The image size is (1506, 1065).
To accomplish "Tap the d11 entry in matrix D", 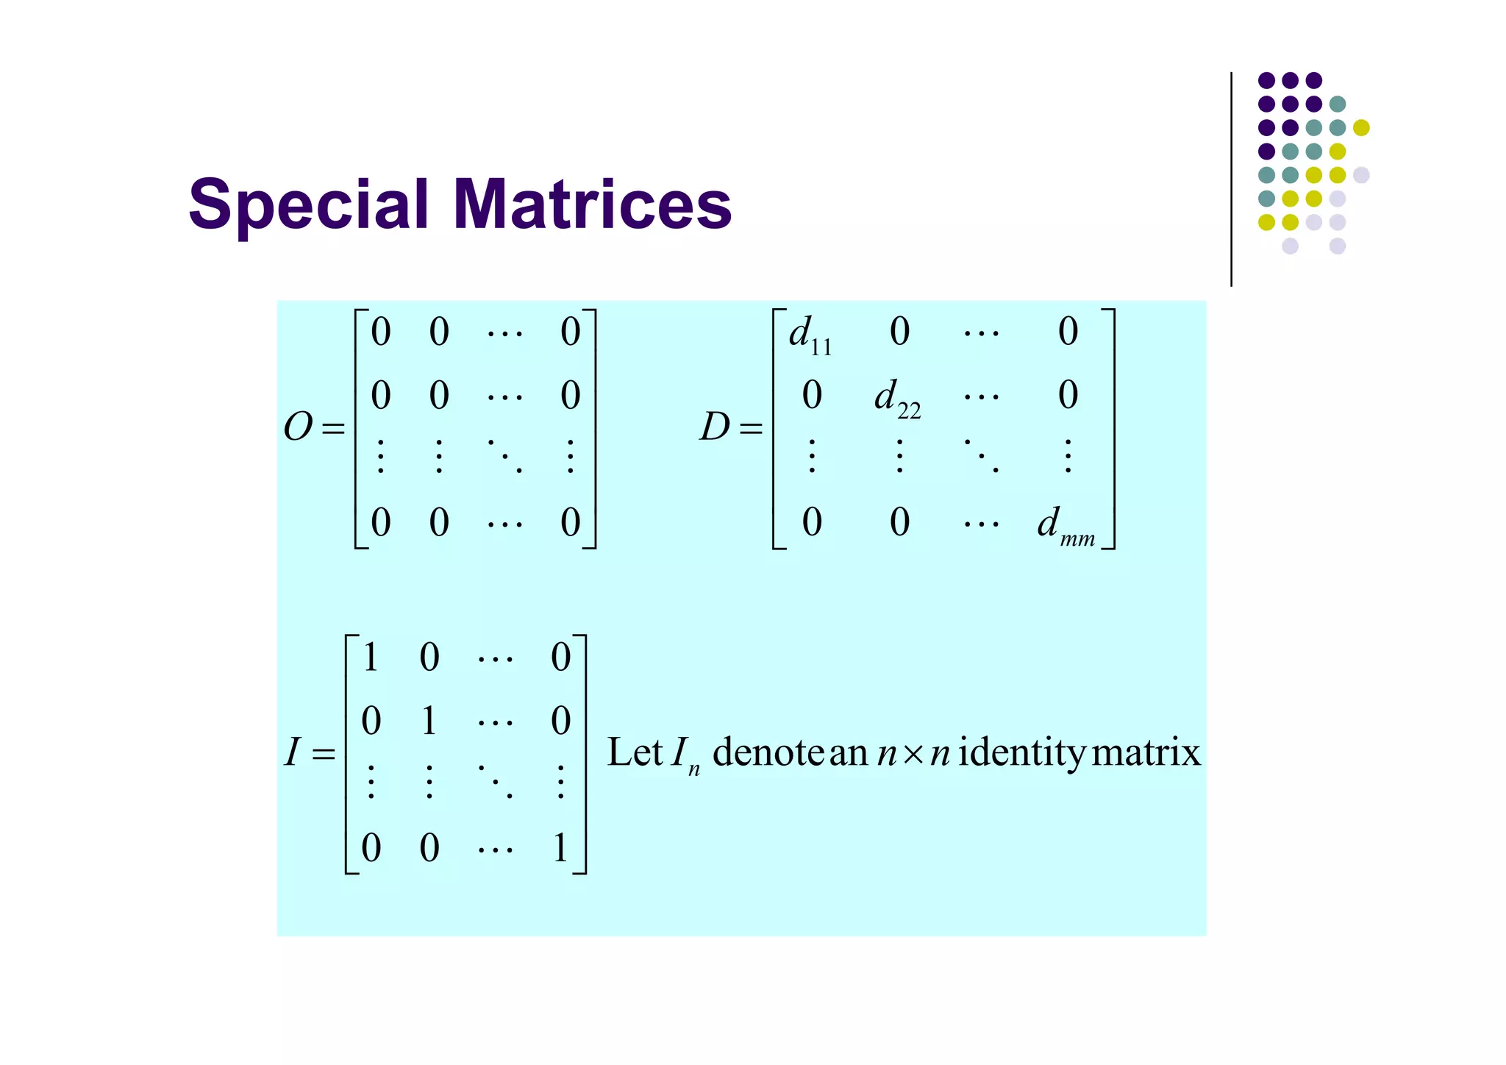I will tap(810, 335).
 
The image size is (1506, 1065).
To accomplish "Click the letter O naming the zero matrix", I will tap(299, 427).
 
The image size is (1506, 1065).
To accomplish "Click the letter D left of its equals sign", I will tap(715, 427).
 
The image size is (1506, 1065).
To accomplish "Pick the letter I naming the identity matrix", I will tap(293, 752).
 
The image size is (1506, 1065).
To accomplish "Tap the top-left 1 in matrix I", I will tap(371, 657).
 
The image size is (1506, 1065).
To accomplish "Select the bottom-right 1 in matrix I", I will tap(560, 848).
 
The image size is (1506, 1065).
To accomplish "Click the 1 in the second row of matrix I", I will tap(429, 721).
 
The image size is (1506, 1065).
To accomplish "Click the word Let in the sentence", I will tap(635, 752).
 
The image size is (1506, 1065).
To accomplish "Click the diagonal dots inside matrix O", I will tap(505, 455).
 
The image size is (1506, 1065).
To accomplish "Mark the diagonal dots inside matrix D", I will tap(982, 455).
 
